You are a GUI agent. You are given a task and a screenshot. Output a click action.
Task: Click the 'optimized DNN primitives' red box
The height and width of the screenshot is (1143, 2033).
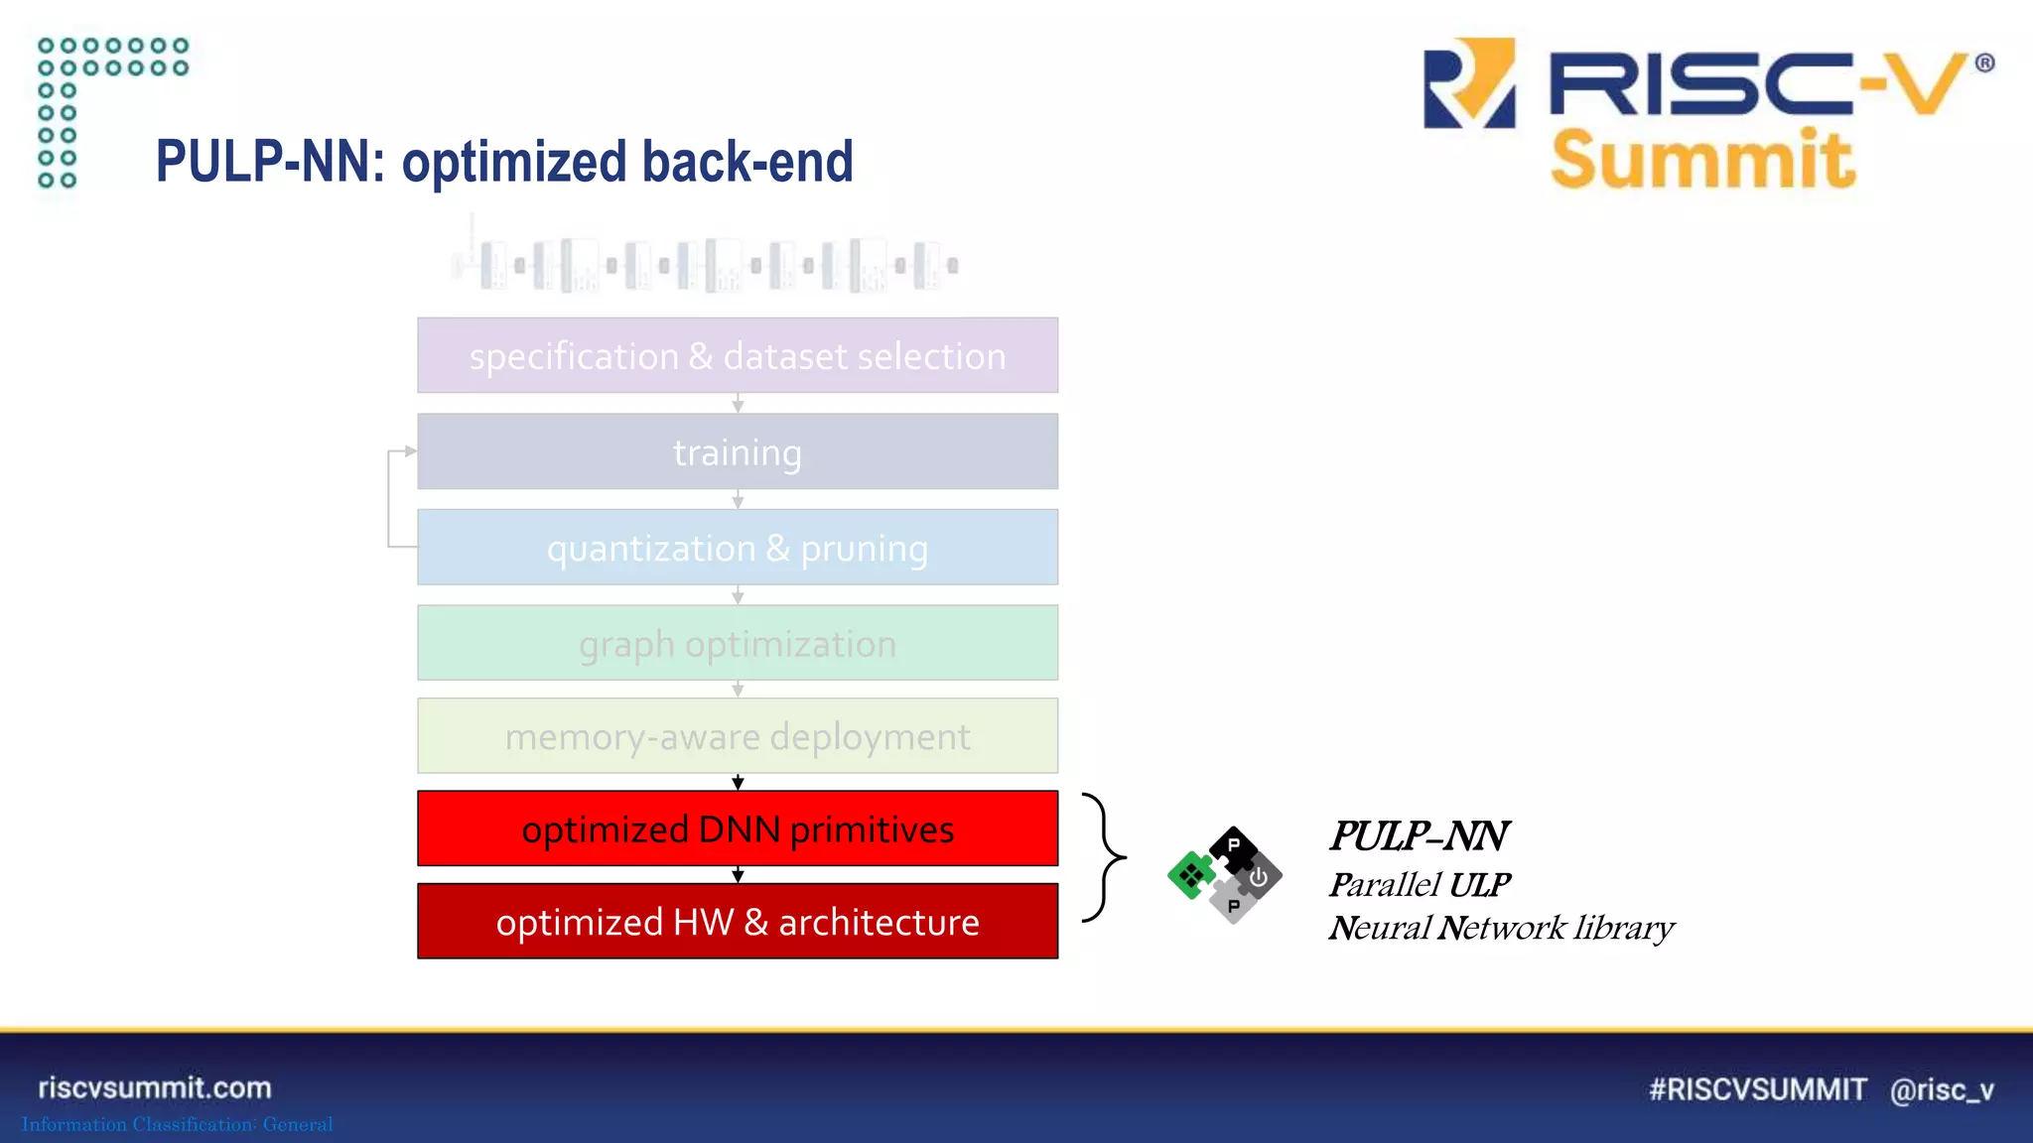[x=738, y=828]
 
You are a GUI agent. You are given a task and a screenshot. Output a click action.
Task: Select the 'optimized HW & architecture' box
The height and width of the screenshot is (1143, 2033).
[x=738, y=922]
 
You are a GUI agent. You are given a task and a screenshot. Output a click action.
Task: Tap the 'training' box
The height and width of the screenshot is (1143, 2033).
[x=738, y=452]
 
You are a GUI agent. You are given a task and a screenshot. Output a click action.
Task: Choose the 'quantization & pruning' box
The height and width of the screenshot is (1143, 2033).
[x=738, y=548]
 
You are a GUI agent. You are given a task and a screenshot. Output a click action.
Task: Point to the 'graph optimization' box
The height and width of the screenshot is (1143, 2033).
[x=738, y=644]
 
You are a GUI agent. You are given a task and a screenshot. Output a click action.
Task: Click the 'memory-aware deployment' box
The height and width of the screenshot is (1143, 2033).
[x=738, y=736]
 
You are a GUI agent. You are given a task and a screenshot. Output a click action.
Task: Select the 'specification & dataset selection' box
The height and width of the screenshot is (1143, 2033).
[x=738, y=356]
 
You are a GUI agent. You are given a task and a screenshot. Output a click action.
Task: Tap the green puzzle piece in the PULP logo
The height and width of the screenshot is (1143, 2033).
[x=1190, y=875]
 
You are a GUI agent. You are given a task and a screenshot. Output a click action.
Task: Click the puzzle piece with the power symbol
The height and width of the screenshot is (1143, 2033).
[x=1259, y=877]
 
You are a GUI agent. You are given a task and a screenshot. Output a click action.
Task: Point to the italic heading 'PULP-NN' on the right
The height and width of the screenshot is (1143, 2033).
[x=1419, y=836]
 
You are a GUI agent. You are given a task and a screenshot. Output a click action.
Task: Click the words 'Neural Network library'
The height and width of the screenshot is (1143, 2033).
[x=1501, y=928]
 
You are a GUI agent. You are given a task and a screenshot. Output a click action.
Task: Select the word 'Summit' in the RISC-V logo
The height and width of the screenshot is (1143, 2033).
[x=1701, y=161]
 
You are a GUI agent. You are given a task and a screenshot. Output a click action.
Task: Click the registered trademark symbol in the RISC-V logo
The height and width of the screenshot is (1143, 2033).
[x=1984, y=63]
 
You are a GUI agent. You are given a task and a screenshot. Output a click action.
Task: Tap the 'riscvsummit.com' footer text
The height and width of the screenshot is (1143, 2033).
[x=155, y=1088]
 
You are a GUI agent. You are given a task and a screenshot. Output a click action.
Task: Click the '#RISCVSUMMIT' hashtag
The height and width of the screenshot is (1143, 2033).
[x=1757, y=1089]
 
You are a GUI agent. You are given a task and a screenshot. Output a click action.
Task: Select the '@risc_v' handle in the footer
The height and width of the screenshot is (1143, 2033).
[x=1942, y=1089]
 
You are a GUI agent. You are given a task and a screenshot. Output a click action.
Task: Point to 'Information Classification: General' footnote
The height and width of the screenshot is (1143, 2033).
[x=178, y=1124]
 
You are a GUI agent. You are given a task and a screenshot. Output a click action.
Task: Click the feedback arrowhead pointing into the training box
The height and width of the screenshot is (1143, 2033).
[x=410, y=451]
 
